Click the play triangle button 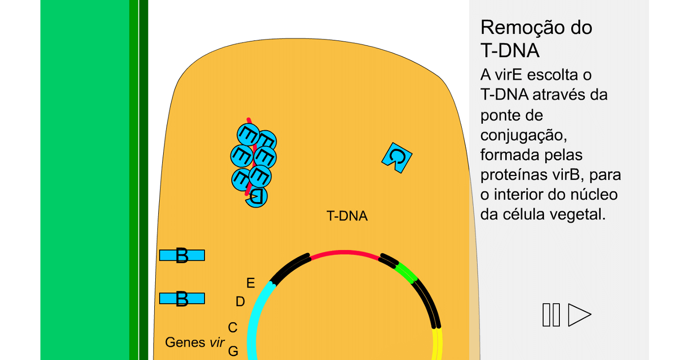coord(579,315)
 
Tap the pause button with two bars coord(551,315)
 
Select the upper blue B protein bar coord(182,255)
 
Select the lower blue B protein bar coord(182,298)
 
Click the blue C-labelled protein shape coord(397,157)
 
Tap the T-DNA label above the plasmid coord(347,216)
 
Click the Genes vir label coord(195,342)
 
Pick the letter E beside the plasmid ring coord(250,283)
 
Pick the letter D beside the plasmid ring coord(240,302)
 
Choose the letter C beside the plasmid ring coord(233,327)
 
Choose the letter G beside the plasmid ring coord(233,351)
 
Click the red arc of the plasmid coord(345,252)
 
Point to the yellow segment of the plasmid coord(438,345)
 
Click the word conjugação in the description coord(517,135)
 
